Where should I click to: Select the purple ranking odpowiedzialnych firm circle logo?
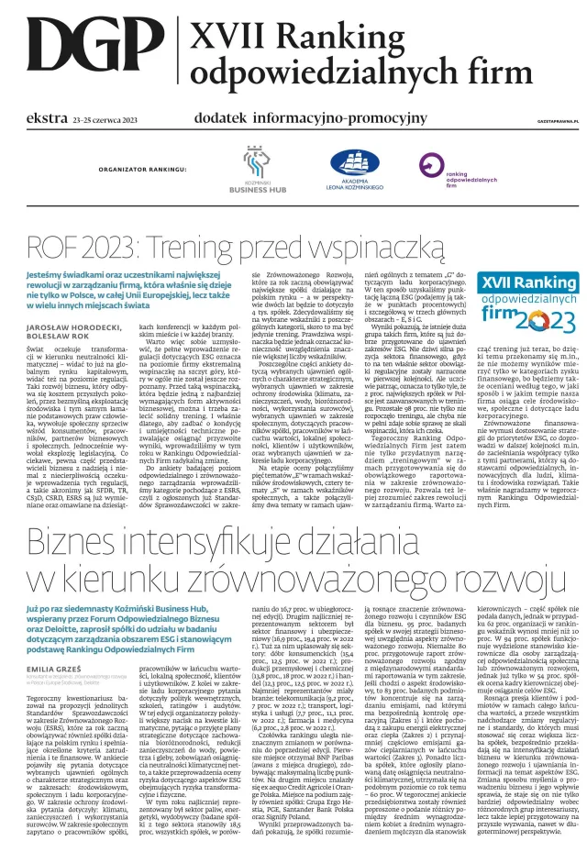click(x=432, y=164)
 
